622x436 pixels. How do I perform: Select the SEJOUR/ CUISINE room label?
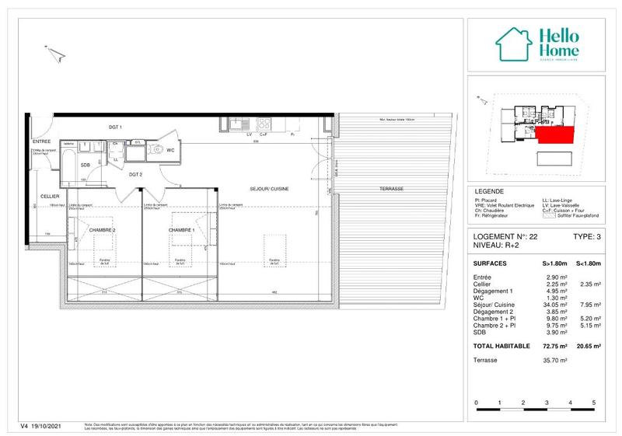pos(270,189)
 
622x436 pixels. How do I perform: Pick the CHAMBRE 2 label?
pos(102,231)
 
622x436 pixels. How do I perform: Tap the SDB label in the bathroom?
pos(85,166)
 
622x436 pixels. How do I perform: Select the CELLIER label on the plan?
pos(40,197)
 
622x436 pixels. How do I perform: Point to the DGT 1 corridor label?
pos(115,127)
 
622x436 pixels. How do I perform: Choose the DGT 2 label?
pos(135,175)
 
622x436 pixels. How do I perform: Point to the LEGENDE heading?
pos(488,191)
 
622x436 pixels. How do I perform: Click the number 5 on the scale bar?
pos(594,403)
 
